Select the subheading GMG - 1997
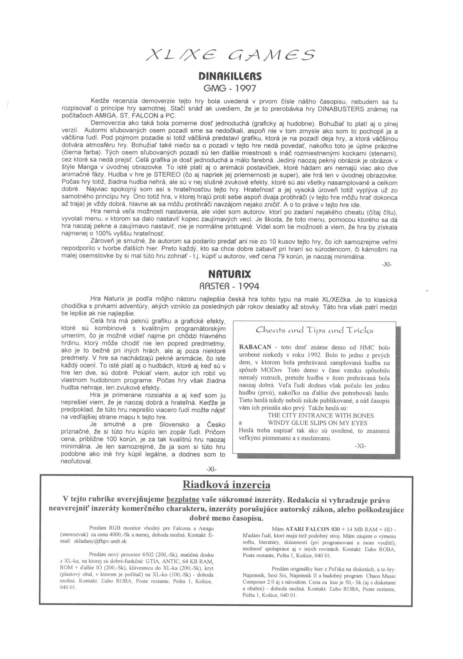click(x=230, y=88)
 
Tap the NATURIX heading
click(x=230, y=274)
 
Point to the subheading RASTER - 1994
click(x=230, y=286)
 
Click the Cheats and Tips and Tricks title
click(x=315, y=330)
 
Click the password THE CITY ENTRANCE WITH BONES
click(x=320, y=415)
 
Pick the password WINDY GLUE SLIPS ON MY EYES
click(x=318, y=423)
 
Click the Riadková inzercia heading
click(x=226, y=484)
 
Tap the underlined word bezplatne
click(x=183, y=500)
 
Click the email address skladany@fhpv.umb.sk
click(x=100, y=541)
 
